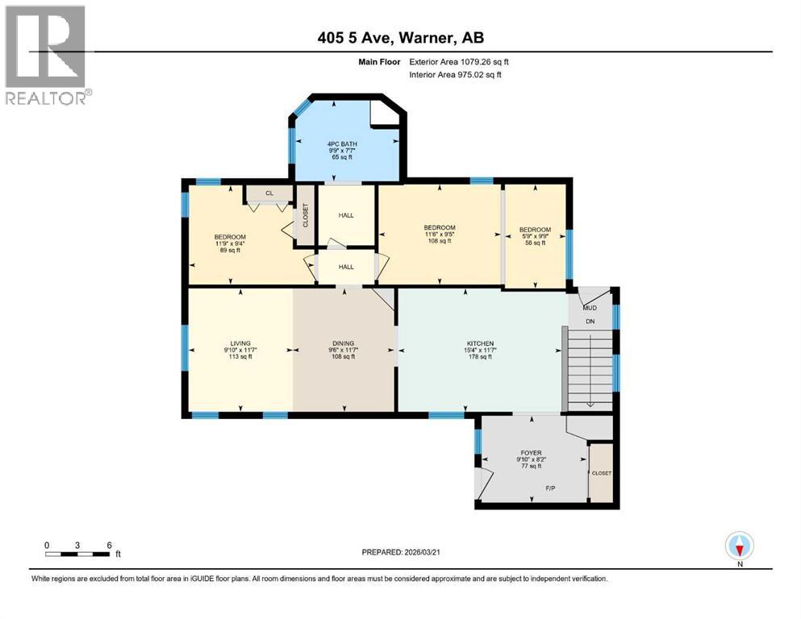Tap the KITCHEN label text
tap(479, 343)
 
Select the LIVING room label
tap(240, 343)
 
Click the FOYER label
tap(531, 453)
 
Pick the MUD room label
tap(589, 307)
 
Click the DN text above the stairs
tap(590, 322)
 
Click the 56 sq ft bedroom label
tap(535, 230)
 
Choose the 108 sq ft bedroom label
tap(440, 227)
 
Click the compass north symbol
tap(740, 546)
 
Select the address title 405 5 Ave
tap(401, 37)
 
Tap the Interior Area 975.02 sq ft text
tap(456, 74)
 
